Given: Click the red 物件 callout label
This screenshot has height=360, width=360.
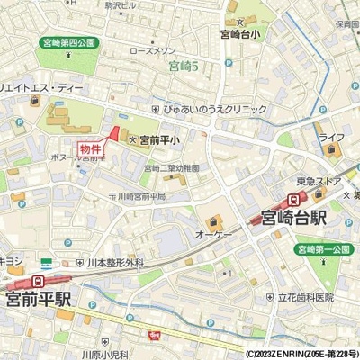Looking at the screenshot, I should [89, 148].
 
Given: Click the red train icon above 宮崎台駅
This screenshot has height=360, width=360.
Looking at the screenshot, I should [294, 199].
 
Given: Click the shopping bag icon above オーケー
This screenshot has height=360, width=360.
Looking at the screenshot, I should [211, 219].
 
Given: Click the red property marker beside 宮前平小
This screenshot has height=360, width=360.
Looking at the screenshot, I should [113, 135].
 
